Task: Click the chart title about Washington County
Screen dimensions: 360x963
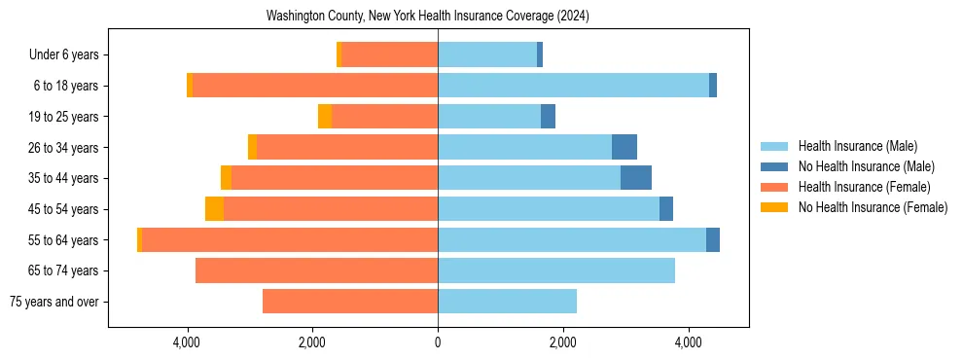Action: [428, 17]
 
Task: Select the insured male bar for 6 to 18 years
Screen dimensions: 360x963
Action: [573, 86]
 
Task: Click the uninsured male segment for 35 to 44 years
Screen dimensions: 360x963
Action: [636, 178]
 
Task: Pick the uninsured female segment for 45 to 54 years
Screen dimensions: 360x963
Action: [214, 209]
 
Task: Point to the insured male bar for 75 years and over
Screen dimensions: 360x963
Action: [507, 302]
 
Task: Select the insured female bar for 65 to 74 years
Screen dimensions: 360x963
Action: [316, 270]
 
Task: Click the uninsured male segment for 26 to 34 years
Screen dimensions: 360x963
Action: [624, 147]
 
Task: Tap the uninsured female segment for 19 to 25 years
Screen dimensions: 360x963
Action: [325, 117]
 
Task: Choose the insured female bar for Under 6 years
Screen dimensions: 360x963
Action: [389, 54]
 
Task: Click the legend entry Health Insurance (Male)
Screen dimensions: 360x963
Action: [857, 146]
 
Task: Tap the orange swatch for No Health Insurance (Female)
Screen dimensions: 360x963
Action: [775, 207]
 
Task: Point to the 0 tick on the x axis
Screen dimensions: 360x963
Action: [438, 342]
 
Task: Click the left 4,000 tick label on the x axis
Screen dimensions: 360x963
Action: [187, 342]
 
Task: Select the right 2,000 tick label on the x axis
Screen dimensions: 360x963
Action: [563, 342]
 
